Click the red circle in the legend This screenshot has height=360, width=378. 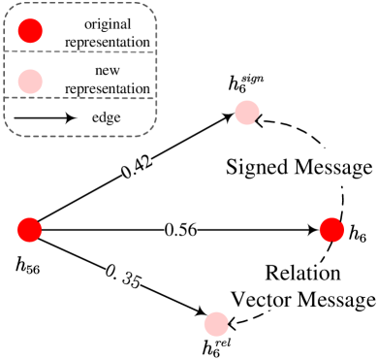point(31,31)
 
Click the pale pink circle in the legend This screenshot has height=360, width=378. point(31,79)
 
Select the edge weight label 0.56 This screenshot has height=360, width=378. point(180,229)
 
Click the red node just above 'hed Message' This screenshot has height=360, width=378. point(247,113)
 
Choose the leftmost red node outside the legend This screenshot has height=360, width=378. point(30,229)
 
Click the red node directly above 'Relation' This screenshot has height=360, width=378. point(331,229)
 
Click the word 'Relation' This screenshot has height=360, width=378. point(302,273)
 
